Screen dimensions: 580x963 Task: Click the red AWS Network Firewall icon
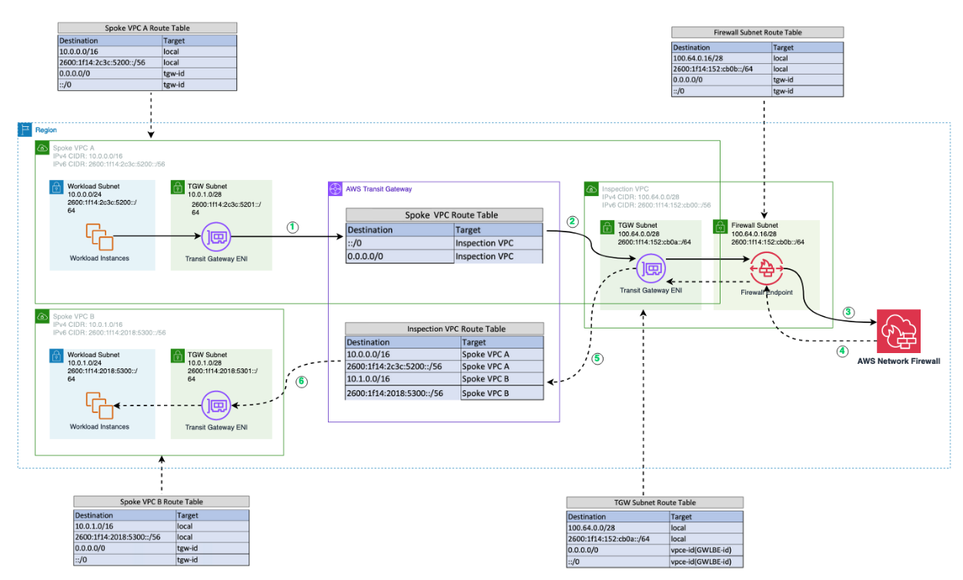(x=898, y=332)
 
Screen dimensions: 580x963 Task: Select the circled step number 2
(x=572, y=222)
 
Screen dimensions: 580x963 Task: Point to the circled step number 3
(x=848, y=312)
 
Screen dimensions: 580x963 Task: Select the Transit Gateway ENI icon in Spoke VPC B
(x=216, y=405)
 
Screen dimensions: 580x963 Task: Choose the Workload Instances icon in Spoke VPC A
(x=99, y=237)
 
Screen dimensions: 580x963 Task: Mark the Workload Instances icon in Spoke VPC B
(x=99, y=405)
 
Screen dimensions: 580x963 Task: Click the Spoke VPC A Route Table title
(x=147, y=28)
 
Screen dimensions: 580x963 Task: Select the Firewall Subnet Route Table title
(x=758, y=32)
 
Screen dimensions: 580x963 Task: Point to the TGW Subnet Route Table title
(x=655, y=502)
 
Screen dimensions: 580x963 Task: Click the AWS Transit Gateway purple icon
(x=335, y=188)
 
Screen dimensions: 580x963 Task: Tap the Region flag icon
(x=25, y=130)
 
